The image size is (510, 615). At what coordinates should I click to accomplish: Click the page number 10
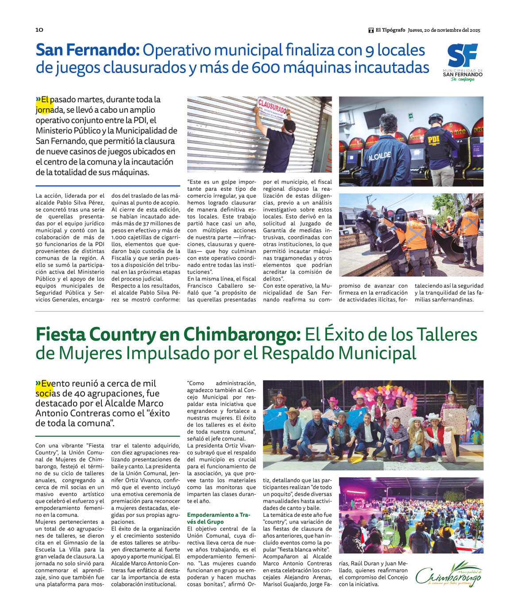39,30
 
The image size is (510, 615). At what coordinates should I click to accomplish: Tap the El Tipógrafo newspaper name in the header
390,30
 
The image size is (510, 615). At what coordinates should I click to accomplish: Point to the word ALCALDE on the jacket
379,156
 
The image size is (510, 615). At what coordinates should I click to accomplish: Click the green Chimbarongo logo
449,575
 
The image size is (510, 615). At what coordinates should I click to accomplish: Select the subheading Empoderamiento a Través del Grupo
219,518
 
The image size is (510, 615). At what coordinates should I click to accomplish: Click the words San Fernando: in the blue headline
88,50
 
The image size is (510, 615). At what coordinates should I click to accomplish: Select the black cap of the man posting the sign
290,126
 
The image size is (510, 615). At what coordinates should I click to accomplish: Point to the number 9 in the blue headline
370,50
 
